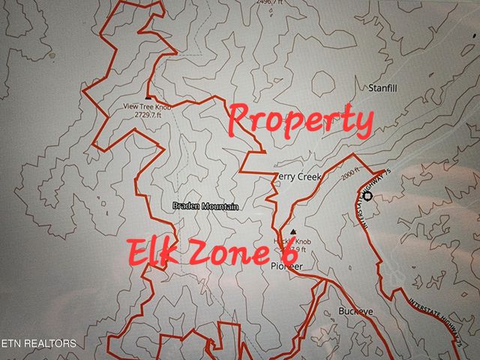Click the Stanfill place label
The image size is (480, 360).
click(382, 88)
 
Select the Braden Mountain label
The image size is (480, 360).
click(205, 206)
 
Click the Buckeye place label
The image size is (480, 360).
click(355, 310)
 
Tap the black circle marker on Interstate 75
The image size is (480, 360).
click(368, 196)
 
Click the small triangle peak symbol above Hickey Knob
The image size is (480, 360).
click(292, 232)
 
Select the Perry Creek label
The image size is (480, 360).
click(298, 177)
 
